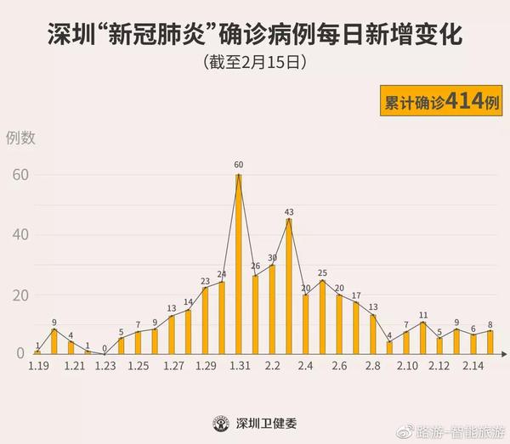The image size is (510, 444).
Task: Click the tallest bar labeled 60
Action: click(239, 263)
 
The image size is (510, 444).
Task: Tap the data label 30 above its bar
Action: click(273, 257)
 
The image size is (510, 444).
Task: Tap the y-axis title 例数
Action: click(21, 138)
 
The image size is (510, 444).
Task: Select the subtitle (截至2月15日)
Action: click(254, 63)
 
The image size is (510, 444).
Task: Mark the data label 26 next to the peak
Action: click(256, 267)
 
